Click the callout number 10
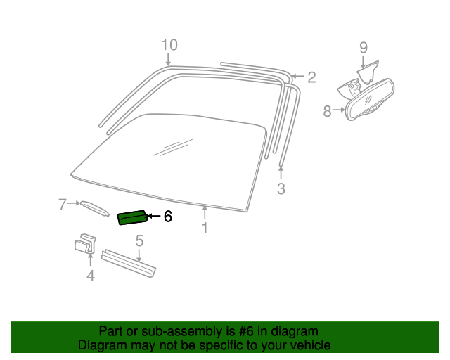click(x=169, y=45)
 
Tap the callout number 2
click(x=311, y=77)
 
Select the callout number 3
click(x=281, y=188)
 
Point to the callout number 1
click(x=205, y=228)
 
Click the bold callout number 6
click(x=168, y=216)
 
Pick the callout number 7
click(x=63, y=205)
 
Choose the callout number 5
click(x=139, y=240)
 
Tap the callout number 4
click(x=91, y=276)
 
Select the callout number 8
click(x=327, y=111)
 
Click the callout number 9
click(x=364, y=47)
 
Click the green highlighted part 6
click(x=133, y=217)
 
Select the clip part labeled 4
click(x=85, y=244)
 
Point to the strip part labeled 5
click(x=129, y=264)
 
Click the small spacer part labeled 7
click(x=95, y=208)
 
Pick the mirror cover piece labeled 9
click(x=368, y=72)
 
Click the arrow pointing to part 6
click(x=155, y=216)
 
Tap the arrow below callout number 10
click(x=168, y=59)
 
